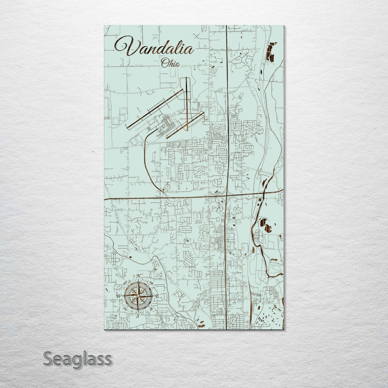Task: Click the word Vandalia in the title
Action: coord(154,48)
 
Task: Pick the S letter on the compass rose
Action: coord(138,316)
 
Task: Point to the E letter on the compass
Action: coord(158,296)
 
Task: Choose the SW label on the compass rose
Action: coord(125,309)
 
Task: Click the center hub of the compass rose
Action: coord(138,296)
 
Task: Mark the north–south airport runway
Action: coord(186,105)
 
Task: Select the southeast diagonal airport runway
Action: coord(185,125)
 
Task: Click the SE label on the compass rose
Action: coord(151,309)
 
